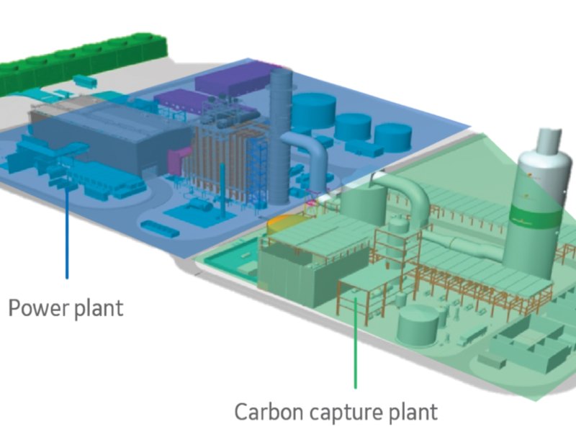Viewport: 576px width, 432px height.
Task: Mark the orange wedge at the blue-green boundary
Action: coord(279,225)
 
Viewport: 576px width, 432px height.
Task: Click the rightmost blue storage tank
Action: coord(393,137)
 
